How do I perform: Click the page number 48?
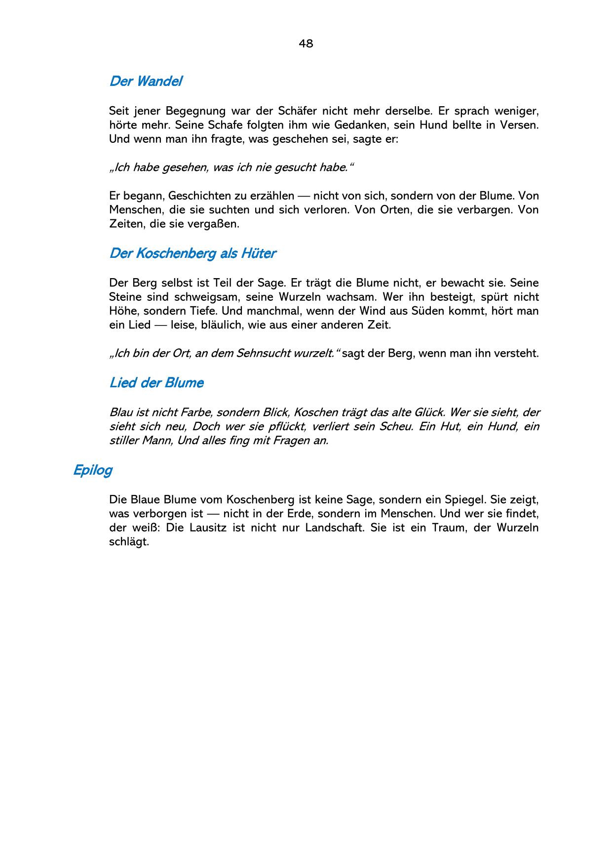pos(306,44)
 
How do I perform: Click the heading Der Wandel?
pos(146,81)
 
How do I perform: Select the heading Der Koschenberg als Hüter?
pos(192,254)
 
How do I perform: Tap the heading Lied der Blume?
pos(156,383)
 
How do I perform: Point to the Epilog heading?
pos(92,470)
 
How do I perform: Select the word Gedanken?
pos(356,125)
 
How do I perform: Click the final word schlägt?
pos(129,542)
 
